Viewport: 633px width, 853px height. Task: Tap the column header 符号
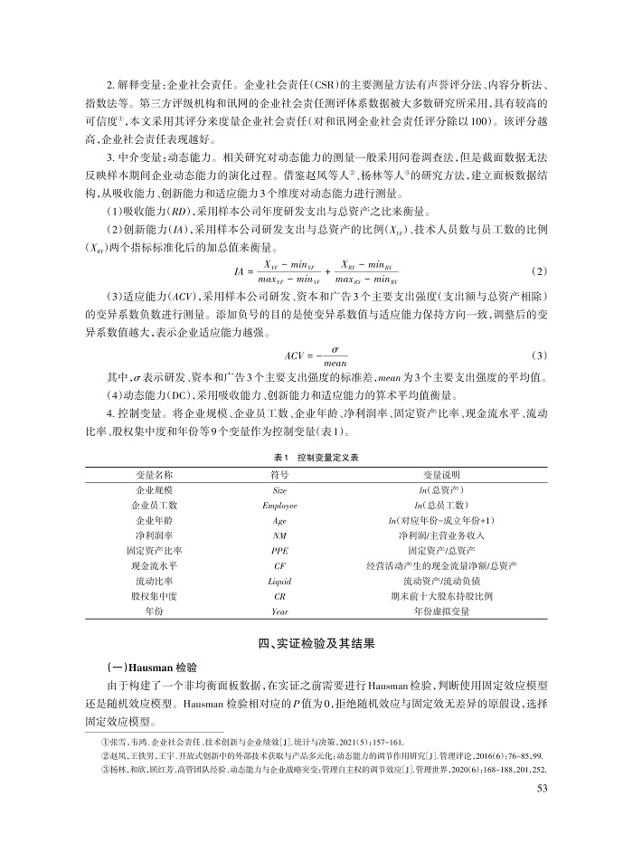point(279,474)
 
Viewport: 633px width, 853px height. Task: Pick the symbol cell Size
point(279,489)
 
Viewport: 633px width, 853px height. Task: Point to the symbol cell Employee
point(279,505)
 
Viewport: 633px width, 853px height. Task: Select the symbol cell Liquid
point(279,582)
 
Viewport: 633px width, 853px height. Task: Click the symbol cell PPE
point(279,551)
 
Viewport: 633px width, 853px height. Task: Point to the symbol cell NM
point(279,535)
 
